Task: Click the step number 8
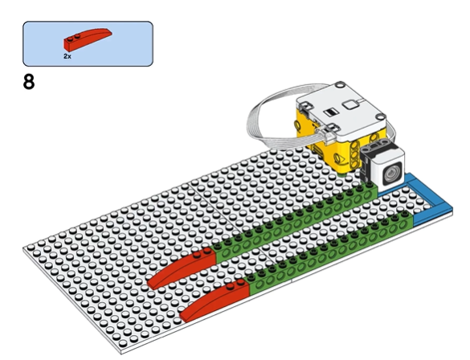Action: coord(29,82)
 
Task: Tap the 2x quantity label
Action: coord(67,56)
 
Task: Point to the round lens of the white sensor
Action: coord(392,174)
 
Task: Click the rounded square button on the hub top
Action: coord(349,104)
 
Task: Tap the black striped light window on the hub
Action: coord(331,112)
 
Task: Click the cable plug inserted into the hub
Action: coord(326,133)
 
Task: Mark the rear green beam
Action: coord(295,223)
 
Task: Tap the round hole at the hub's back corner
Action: coord(340,85)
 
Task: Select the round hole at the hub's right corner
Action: coord(381,117)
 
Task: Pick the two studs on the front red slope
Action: coord(235,284)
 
